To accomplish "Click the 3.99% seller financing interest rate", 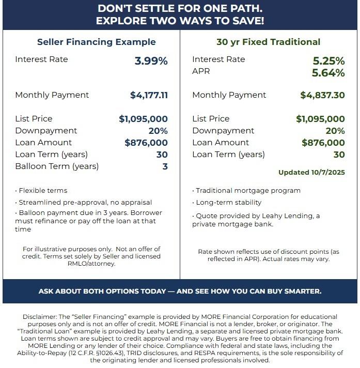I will tap(151, 61).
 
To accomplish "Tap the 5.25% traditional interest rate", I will tap(328, 61).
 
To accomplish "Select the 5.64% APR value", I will tap(328, 73).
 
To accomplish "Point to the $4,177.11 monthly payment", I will tap(149, 95).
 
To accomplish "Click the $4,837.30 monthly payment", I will tap(322, 95).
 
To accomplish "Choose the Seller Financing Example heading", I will tap(96, 42).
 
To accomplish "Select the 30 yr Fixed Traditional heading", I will tap(268, 42).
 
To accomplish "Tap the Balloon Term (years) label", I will tap(57, 166).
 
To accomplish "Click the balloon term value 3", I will tap(165, 166).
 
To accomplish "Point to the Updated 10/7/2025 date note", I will tap(311, 172).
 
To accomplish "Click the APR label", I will tap(201, 71).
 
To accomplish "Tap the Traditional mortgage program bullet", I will tap(247, 190).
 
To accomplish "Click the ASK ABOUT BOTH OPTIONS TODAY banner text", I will tap(180, 291).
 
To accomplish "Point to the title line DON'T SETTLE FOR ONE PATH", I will tap(180, 9).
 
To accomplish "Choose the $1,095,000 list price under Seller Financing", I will tap(143, 119).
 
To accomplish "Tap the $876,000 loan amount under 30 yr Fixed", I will tap(323, 143).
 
